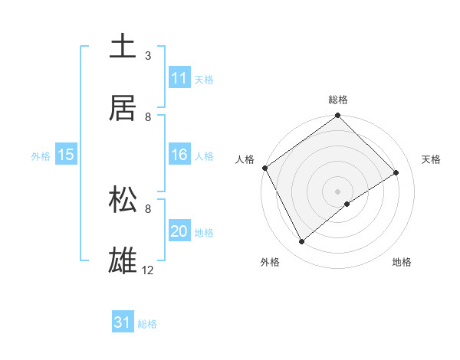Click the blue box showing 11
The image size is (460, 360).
pyautogui.click(x=179, y=78)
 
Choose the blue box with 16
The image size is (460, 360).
pyautogui.click(x=179, y=155)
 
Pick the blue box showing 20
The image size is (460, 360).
pyautogui.click(x=179, y=232)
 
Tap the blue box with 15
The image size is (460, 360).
pyautogui.click(x=66, y=155)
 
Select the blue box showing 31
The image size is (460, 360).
pyautogui.click(x=123, y=323)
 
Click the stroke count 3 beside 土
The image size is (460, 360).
pyautogui.click(x=148, y=55)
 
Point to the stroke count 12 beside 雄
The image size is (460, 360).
pyautogui.click(x=148, y=270)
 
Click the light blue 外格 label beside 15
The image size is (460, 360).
pyautogui.click(x=41, y=156)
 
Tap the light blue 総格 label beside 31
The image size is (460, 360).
pyautogui.click(x=147, y=324)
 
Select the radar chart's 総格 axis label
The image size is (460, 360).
pyautogui.click(x=338, y=100)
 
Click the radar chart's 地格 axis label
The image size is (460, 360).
pyautogui.click(x=402, y=262)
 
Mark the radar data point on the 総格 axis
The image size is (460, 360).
pyautogui.click(x=338, y=116)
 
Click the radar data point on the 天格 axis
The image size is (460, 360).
pyautogui.click(x=396, y=172)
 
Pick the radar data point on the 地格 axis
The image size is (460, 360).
pyautogui.click(x=347, y=204)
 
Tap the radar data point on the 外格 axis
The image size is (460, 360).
pyautogui.click(x=302, y=242)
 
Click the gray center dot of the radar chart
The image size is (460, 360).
pyautogui.click(x=338, y=191)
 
